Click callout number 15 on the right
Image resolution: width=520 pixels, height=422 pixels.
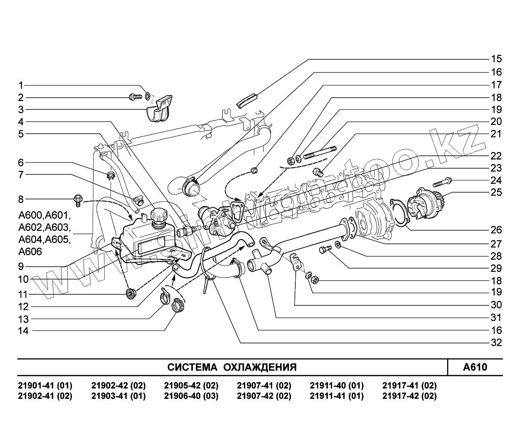click(x=496, y=59)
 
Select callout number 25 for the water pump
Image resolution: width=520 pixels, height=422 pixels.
click(x=496, y=192)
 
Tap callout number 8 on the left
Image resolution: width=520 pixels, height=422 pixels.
click(x=21, y=199)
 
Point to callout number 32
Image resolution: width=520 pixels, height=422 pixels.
click(x=496, y=343)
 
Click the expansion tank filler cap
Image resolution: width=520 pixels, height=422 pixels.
click(x=160, y=215)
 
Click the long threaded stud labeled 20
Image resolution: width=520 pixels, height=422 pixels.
click(x=320, y=153)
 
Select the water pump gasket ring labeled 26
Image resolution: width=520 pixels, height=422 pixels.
click(x=400, y=213)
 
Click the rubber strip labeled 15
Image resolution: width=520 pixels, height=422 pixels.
click(x=247, y=100)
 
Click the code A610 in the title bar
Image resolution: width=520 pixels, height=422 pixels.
click(x=475, y=367)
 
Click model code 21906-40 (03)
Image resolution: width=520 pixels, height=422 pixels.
click(x=191, y=396)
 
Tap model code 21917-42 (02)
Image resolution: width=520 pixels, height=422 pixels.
click(x=410, y=396)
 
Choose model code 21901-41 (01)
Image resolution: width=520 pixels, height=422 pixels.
click(x=45, y=386)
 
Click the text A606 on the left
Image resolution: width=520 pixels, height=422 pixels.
click(x=30, y=251)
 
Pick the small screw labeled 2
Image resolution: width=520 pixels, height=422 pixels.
click(x=136, y=97)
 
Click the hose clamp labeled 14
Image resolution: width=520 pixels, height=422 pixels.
click(x=178, y=305)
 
